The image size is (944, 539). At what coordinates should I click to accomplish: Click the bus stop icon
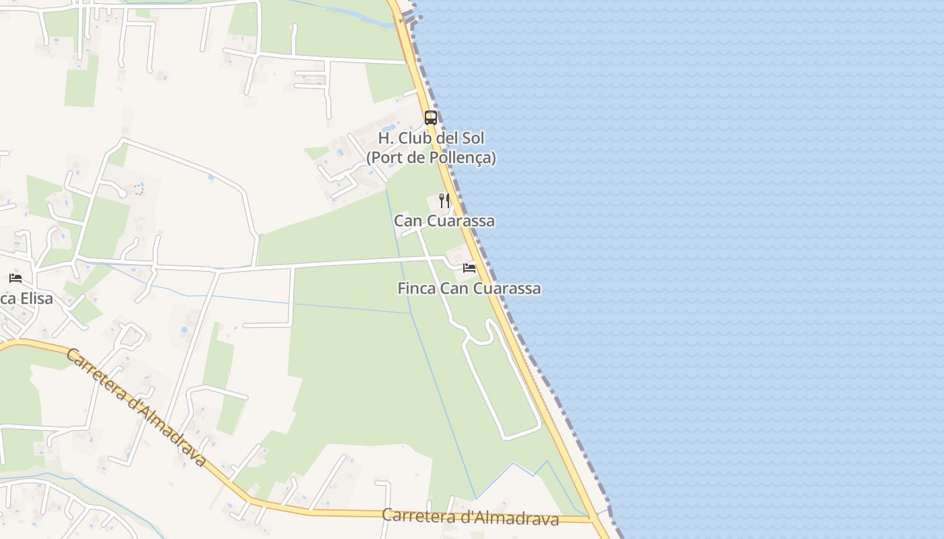point(430,118)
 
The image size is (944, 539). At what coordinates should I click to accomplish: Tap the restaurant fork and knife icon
point(444,200)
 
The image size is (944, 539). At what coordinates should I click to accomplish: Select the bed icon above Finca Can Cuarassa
point(469,268)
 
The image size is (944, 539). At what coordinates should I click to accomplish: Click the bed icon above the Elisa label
point(16,278)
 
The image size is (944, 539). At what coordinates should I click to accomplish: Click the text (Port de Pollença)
point(431,158)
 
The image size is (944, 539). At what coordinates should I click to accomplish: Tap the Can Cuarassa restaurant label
point(444,221)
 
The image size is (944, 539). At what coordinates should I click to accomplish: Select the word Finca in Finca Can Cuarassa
point(417,288)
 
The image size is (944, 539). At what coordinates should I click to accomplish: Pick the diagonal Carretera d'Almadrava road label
point(135,407)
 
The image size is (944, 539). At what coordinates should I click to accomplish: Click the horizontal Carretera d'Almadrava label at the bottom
point(470,517)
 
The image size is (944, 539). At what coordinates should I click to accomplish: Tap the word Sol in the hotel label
point(472,139)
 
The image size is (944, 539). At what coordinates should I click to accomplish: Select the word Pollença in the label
point(461,158)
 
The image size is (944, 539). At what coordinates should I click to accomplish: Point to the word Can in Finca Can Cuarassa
point(453,288)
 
